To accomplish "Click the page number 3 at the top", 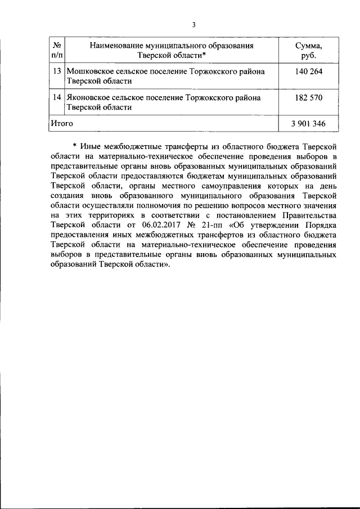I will [193, 24].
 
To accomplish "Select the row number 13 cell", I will [56, 71].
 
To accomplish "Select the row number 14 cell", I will [56, 97].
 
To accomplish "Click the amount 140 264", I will [309, 71].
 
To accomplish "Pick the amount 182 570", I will [309, 97].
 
